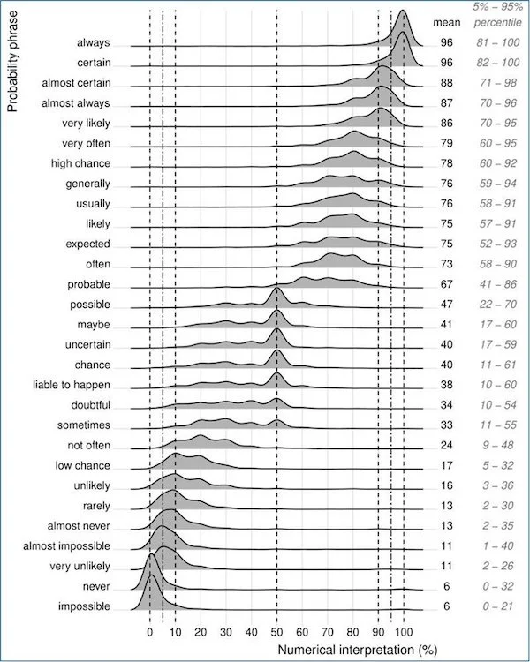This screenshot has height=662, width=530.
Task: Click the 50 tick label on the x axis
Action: [276, 632]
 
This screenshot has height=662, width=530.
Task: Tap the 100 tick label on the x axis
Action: [404, 632]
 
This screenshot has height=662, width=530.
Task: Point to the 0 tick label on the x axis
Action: [150, 632]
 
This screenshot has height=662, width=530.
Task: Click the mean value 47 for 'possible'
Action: [446, 305]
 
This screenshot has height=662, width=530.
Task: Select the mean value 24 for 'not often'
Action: [446, 445]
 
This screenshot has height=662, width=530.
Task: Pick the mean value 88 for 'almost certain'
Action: [446, 83]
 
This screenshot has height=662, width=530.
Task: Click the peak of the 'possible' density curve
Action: [277, 289]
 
